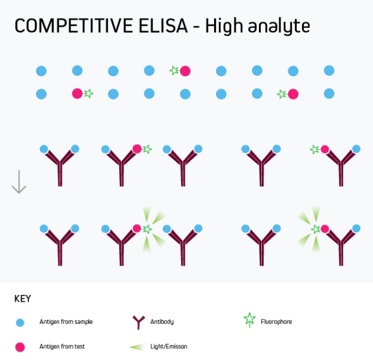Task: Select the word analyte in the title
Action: pyautogui.click(x=278, y=27)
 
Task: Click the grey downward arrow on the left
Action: pyautogui.click(x=19, y=181)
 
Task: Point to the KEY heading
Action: pyautogui.click(x=22, y=299)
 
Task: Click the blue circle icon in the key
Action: pyautogui.click(x=20, y=322)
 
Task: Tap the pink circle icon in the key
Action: pyautogui.click(x=20, y=347)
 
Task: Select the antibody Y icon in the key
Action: pyautogui.click(x=138, y=321)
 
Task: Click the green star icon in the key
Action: pyautogui.click(x=250, y=319)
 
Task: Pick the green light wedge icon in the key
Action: pyautogui.click(x=137, y=347)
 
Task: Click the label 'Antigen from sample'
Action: pyautogui.click(x=66, y=322)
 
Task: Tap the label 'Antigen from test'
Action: pyautogui.click(x=62, y=347)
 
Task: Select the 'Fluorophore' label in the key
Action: pyautogui.click(x=276, y=322)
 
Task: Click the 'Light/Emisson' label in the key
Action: pyautogui.click(x=169, y=347)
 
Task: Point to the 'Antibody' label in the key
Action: pyautogui.click(x=162, y=322)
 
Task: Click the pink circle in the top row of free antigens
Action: pyautogui.click(x=185, y=71)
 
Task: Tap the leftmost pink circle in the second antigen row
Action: pyautogui.click(x=77, y=93)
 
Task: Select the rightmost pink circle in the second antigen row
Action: pyautogui.click(x=293, y=94)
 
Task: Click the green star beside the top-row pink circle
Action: pyautogui.click(x=174, y=70)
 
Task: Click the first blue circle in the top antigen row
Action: pyautogui.click(x=41, y=71)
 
